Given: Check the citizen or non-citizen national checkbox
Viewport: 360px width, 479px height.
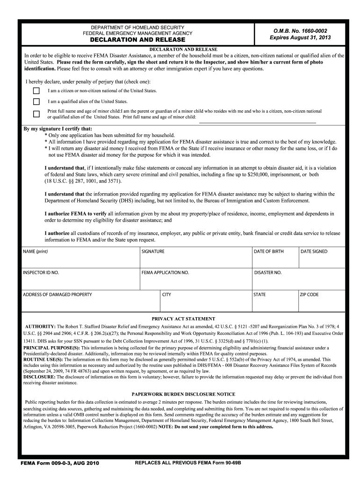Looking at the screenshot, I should pos(36,91).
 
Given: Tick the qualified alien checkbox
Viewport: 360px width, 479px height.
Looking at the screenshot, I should pos(36,102).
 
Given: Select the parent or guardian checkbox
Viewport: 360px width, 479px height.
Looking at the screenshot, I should pos(36,114).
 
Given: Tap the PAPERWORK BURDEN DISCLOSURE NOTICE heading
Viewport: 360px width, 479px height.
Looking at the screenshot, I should pos(183,394).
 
